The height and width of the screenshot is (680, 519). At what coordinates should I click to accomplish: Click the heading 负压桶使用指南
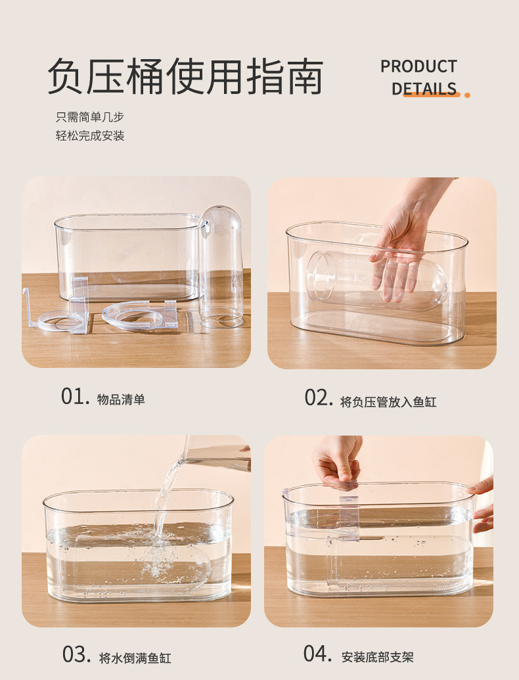[185, 77]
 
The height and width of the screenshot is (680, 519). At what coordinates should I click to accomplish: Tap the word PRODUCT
[418, 66]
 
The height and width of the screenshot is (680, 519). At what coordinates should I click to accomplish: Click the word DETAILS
[424, 89]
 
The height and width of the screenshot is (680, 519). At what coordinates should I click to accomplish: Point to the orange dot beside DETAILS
[467, 95]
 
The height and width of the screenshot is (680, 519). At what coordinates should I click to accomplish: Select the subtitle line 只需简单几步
[89, 117]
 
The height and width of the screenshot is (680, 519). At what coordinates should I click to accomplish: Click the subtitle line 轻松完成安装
[89, 136]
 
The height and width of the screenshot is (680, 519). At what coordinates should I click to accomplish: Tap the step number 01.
[74, 397]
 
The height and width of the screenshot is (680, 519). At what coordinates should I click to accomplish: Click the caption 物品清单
[121, 399]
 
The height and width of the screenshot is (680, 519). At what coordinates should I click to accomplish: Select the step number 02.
[318, 398]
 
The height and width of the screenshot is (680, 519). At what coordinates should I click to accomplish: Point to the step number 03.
[76, 655]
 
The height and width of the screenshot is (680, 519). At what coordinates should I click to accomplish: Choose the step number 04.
[317, 654]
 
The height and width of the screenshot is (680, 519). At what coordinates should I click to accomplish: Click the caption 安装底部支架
[378, 656]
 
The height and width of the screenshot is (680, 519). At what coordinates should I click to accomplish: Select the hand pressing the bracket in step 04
[338, 460]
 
